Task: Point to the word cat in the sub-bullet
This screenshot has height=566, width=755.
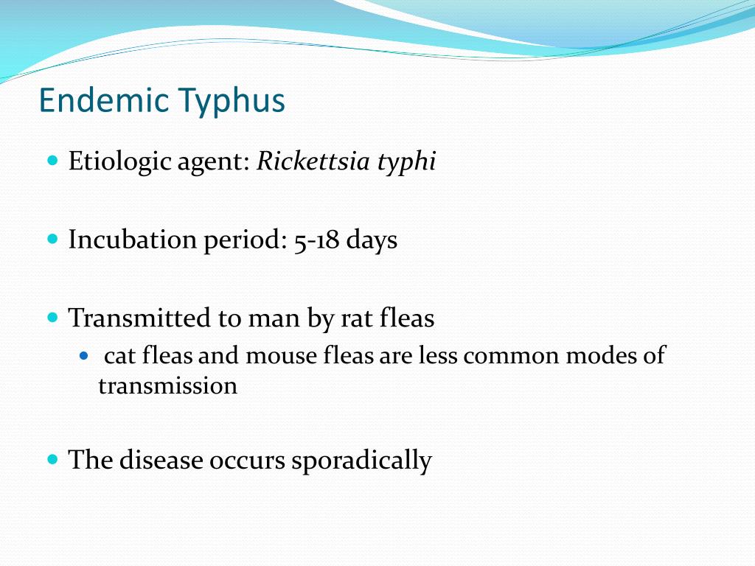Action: pos(119,357)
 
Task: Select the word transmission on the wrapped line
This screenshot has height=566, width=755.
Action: pos(167,385)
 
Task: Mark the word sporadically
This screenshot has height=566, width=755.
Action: pos(361,461)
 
